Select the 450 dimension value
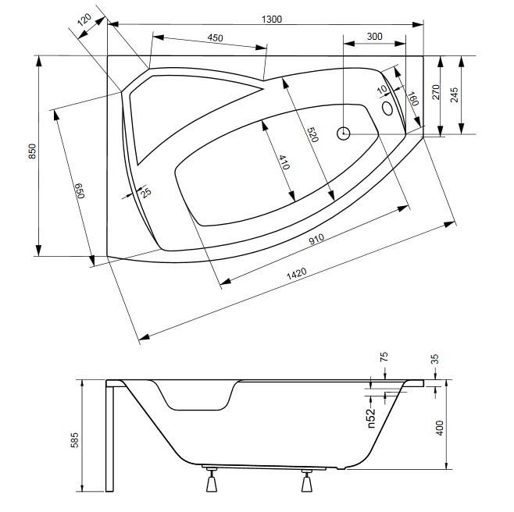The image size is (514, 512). point(216,38)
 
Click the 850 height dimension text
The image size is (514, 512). point(32,151)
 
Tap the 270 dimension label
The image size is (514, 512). point(437,94)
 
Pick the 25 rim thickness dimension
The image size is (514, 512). point(147,192)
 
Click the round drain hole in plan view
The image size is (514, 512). point(344,133)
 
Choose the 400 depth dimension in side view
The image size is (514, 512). point(439,428)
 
